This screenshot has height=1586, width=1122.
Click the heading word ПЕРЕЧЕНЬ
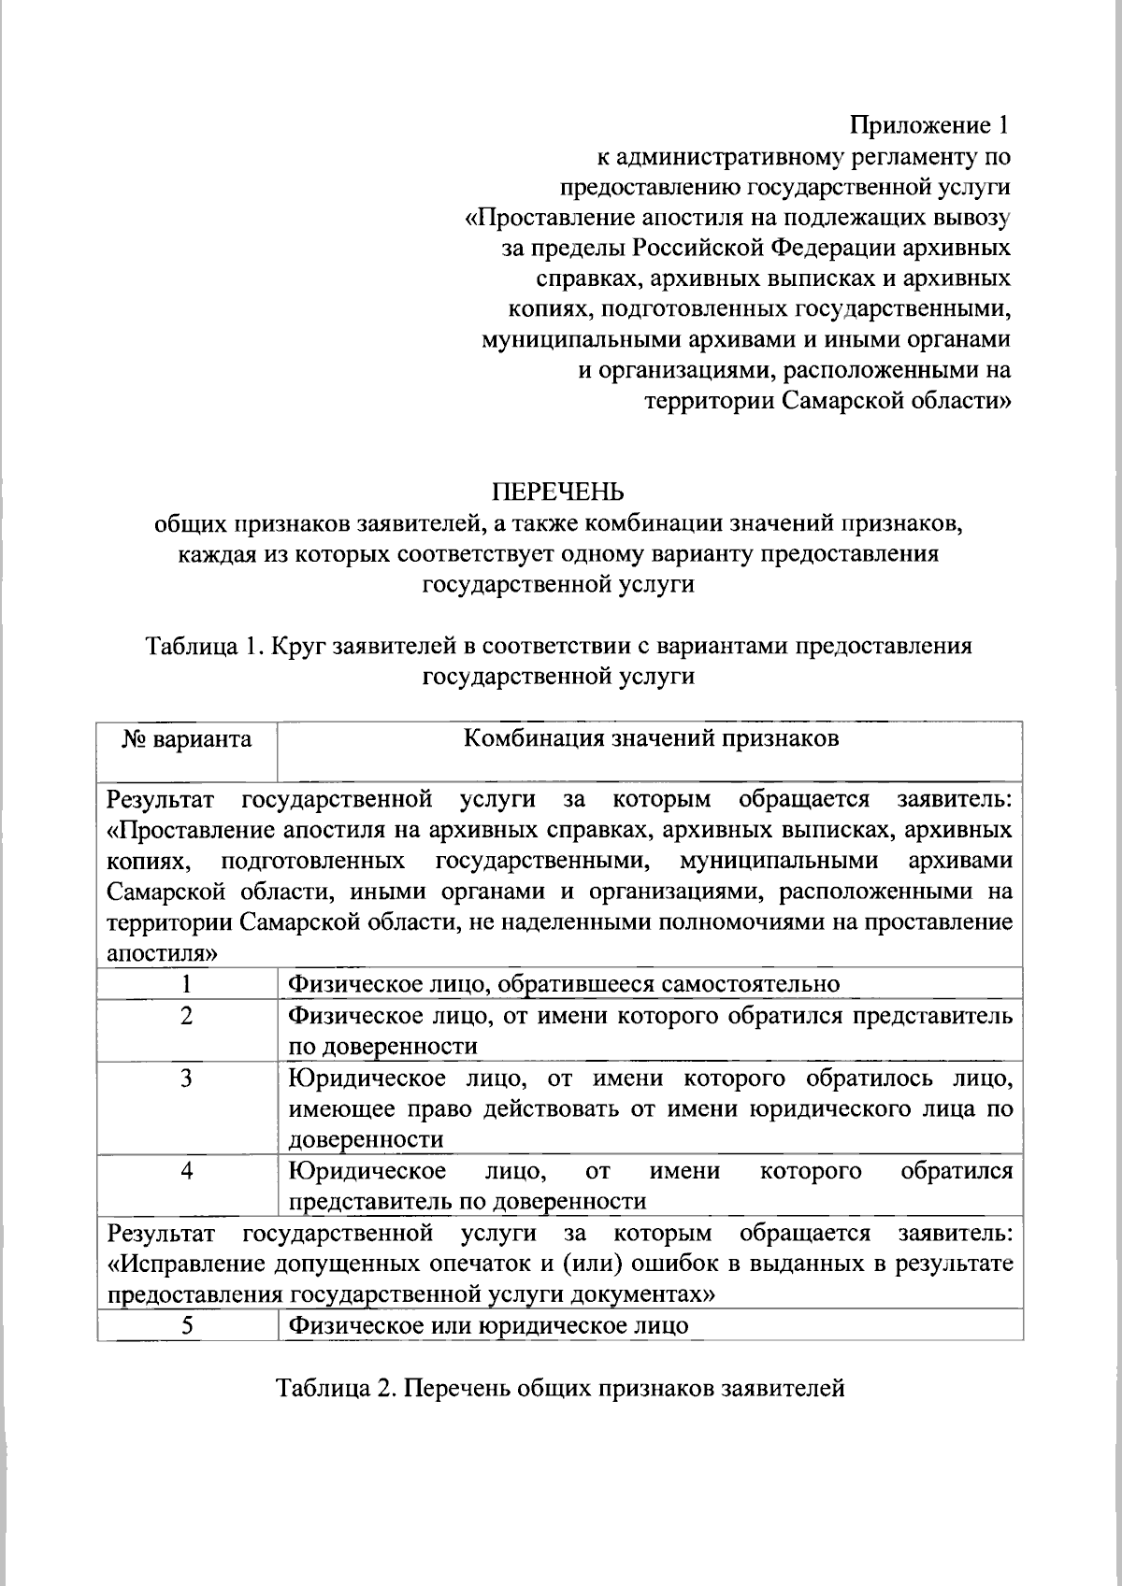[558, 492]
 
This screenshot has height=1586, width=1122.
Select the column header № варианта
[187, 740]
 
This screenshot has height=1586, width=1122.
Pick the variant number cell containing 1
[187, 983]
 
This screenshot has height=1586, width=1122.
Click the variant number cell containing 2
[187, 1015]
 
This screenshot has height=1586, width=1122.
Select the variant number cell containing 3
[187, 1079]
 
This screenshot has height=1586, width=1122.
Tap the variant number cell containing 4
[187, 1170]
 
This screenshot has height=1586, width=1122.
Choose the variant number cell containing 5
[187, 1325]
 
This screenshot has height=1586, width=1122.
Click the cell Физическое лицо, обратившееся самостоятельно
[563, 983]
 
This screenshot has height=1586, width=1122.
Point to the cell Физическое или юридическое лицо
[488, 1325]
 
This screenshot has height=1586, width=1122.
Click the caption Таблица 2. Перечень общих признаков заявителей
[560, 1388]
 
